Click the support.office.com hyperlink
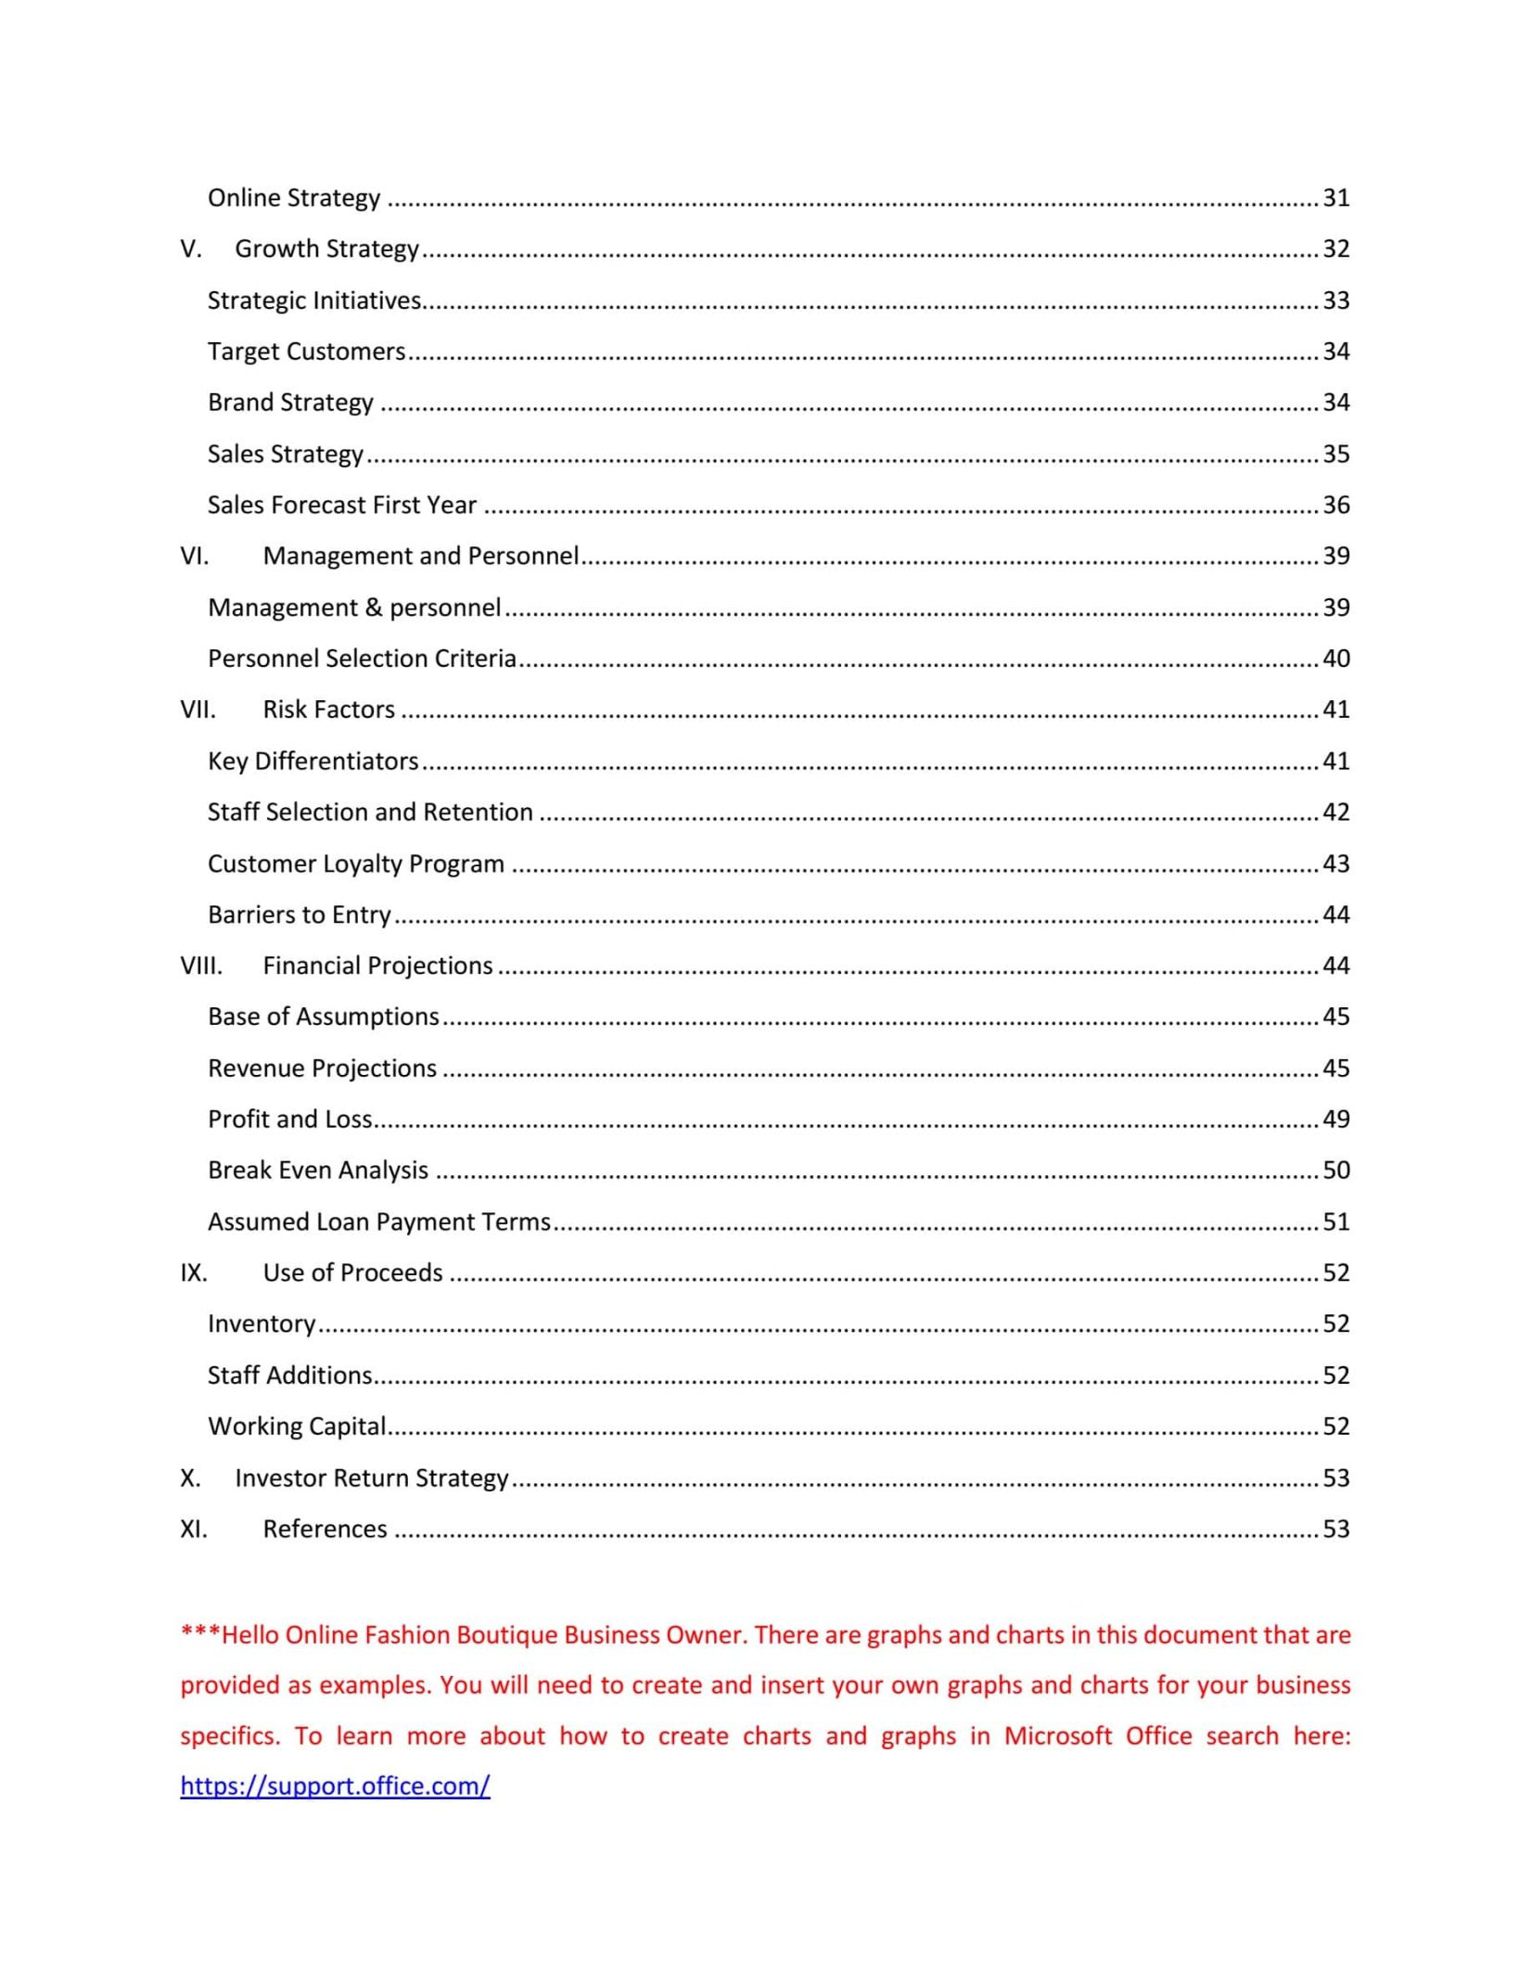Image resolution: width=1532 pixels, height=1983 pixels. tap(335, 1785)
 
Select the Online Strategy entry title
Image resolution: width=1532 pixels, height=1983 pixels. tap(294, 198)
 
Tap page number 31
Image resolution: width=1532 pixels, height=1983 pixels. tap(1335, 198)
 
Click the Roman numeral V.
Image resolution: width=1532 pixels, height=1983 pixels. tap(190, 249)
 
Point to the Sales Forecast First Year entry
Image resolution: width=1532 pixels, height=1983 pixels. tap(342, 505)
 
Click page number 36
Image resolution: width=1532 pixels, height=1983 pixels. tap(1335, 505)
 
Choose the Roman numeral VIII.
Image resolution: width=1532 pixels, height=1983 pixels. tap(201, 966)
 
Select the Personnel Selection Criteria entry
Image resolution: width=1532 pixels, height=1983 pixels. tap(362, 659)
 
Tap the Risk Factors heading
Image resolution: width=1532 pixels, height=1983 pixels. tap(328, 710)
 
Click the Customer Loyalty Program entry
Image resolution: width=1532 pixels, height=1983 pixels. tap(356, 864)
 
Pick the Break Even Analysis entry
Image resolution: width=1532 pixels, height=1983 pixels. tap(318, 1171)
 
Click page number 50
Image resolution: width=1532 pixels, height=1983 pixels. tap(1335, 1171)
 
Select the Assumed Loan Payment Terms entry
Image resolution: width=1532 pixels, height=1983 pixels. tap(379, 1222)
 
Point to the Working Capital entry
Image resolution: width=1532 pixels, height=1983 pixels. tap(297, 1426)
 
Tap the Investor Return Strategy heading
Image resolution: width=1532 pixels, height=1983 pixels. tap(372, 1478)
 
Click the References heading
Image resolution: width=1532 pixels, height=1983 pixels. tap(325, 1529)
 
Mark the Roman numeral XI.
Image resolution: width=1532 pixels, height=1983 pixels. tap(194, 1529)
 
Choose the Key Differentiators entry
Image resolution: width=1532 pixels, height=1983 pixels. tap(313, 761)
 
